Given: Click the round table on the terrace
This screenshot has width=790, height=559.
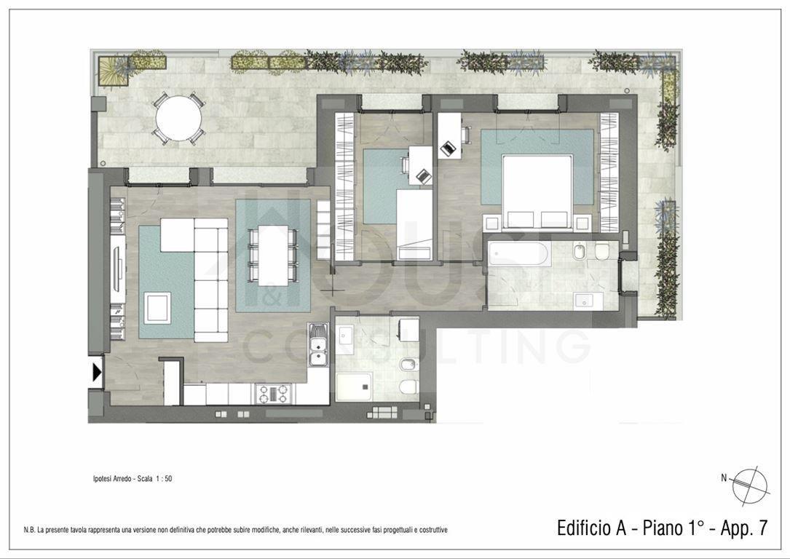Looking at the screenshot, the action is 178,119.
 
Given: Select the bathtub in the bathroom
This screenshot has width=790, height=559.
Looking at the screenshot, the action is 516,254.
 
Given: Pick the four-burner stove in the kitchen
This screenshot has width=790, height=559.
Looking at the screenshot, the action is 273,394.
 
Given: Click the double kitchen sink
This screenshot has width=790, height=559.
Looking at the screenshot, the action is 318,344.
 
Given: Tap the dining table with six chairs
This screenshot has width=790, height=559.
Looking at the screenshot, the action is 272,255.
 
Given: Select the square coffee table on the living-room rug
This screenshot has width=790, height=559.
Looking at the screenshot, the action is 157,308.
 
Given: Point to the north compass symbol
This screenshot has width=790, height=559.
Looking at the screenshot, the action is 750,485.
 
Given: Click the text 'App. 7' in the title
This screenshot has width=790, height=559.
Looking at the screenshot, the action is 743,528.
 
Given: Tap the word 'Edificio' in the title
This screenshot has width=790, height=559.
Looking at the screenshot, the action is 585,528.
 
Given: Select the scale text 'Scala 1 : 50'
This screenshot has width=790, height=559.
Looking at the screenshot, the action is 153,478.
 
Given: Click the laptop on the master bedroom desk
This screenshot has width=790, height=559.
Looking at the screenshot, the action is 448,148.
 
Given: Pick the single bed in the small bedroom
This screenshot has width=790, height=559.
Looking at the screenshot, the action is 414,225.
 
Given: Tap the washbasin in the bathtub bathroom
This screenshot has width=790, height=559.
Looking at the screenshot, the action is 585,301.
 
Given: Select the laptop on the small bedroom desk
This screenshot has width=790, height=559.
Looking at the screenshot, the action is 423,176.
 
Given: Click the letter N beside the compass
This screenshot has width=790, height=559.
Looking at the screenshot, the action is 724,478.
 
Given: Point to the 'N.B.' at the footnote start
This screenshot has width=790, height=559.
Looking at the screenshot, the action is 29,530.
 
